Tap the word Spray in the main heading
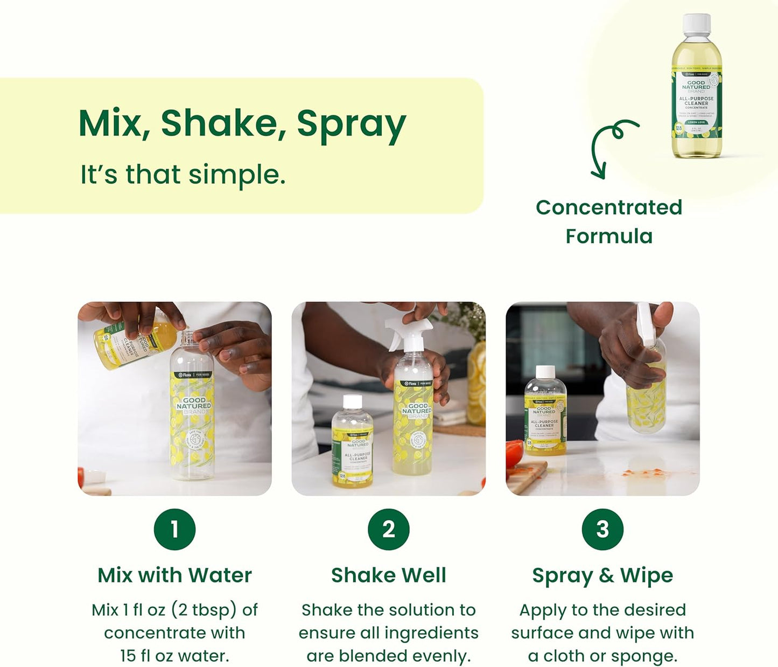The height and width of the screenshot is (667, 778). (x=351, y=124)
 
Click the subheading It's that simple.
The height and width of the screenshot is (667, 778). (x=183, y=175)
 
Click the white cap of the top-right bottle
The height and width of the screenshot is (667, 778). (x=697, y=25)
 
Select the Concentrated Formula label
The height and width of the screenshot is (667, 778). (x=609, y=221)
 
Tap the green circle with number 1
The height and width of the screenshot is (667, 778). (x=174, y=529)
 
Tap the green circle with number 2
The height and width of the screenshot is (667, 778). (x=389, y=529)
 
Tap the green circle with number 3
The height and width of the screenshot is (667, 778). (x=602, y=529)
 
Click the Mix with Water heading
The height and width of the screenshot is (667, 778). (x=174, y=575)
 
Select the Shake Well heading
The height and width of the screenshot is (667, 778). (x=389, y=575)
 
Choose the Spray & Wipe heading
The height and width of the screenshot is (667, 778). (x=602, y=575)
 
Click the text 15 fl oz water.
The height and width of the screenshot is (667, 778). (x=174, y=656)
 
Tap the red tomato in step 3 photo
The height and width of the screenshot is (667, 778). (x=515, y=453)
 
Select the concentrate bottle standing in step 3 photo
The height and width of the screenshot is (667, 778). (x=545, y=412)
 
